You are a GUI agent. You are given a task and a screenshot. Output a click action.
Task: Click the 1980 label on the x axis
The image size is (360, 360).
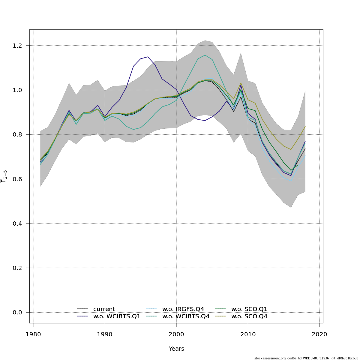click(33, 334)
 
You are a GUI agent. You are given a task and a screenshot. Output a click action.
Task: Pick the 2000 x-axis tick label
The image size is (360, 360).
click(176, 334)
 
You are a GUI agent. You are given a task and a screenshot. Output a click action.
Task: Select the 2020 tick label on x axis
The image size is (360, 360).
click(319, 334)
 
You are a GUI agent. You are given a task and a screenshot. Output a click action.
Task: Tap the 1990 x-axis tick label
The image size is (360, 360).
click(105, 334)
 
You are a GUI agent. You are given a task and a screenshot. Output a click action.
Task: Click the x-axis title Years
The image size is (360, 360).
click(176, 349)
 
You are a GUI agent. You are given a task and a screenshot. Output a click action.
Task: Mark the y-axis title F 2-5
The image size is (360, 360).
click(4, 176)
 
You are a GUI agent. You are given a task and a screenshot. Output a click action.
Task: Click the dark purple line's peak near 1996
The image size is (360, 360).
click(148, 57)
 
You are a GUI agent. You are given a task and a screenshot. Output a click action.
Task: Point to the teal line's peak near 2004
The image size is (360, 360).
click(205, 55)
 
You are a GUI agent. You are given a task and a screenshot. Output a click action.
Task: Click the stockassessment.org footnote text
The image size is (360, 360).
click(306, 358)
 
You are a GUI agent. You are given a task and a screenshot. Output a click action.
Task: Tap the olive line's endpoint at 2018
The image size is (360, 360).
click(305, 127)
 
